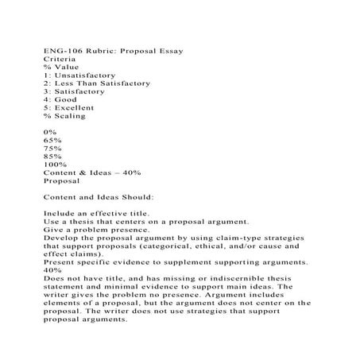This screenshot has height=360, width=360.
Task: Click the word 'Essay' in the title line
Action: click(169, 51)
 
